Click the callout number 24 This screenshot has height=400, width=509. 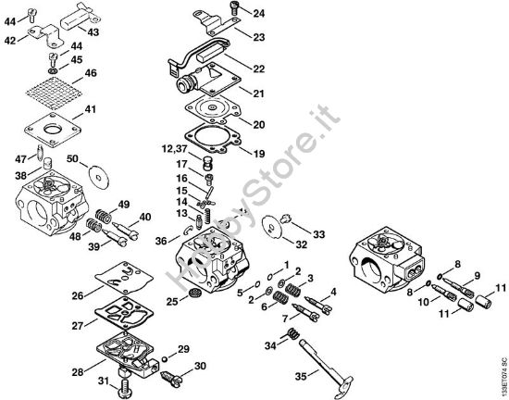[x=258, y=13]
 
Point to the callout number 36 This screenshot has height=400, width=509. [x=161, y=241]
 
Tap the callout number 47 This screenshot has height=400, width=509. [x=20, y=159]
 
